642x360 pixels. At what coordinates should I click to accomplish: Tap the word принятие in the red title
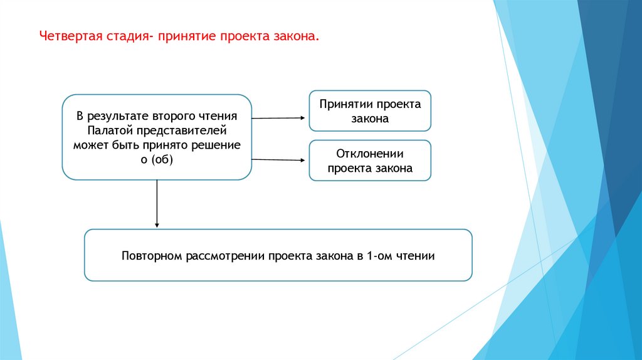tap(186, 36)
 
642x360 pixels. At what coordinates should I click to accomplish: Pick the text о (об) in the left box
tap(156, 160)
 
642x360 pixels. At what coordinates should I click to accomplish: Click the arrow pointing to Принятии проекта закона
tap(279, 117)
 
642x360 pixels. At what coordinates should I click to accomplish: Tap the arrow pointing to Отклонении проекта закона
tap(279, 160)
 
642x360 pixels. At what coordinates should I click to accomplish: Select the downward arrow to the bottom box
tap(157, 204)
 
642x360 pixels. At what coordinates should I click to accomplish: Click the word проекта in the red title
tap(245, 36)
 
